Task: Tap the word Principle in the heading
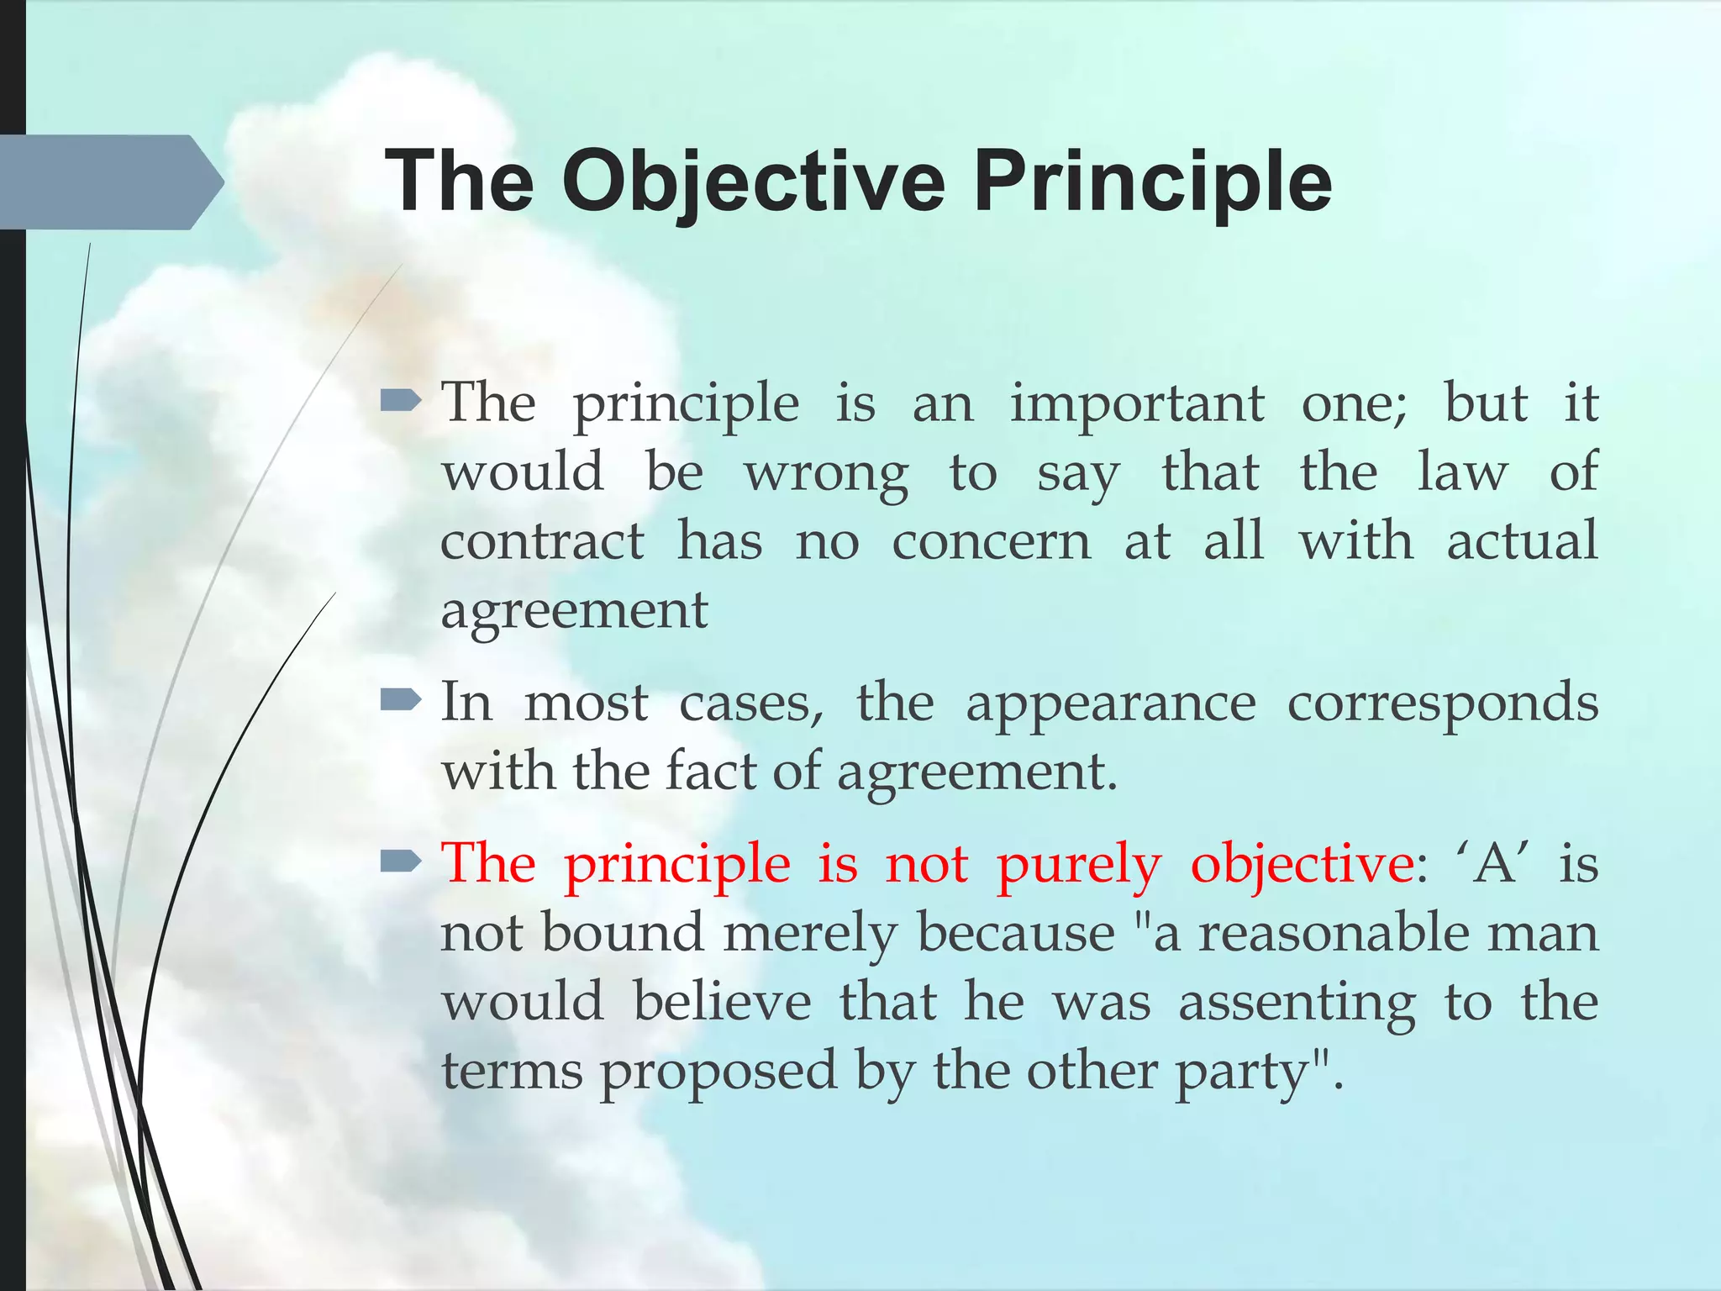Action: point(1152,181)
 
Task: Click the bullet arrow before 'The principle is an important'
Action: point(400,403)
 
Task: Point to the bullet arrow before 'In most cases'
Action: point(400,700)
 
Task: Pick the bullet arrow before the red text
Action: point(400,862)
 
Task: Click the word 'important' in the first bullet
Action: point(1136,404)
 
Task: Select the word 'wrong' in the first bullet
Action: point(826,473)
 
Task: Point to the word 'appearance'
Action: point(1110,703)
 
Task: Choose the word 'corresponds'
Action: point(1442,703)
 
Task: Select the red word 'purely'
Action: point(1079,865)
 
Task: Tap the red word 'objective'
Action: point(1302,865)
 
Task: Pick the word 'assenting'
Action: point(1296,1003)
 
